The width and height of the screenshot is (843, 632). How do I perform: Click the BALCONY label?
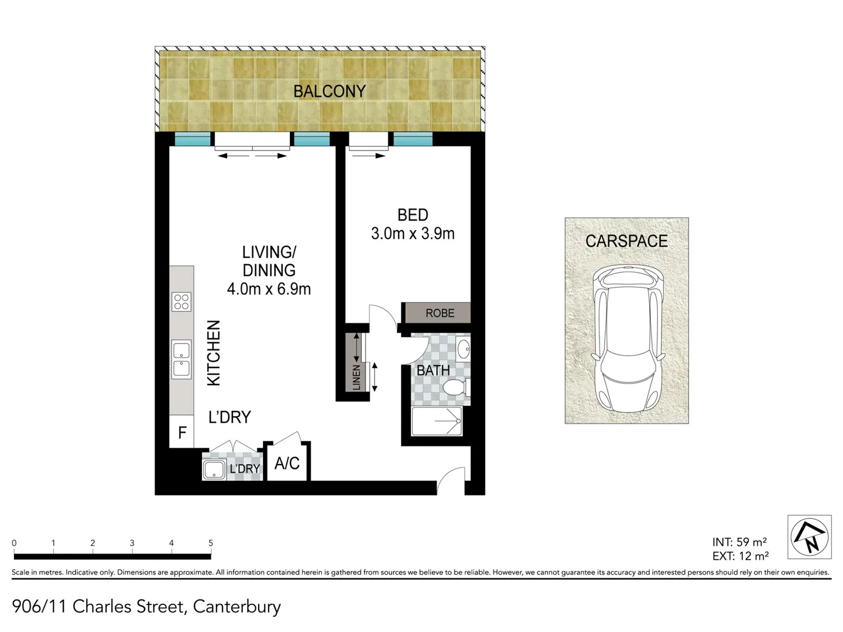click(x=329, y=91)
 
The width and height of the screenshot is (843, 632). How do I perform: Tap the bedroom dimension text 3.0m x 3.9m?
click(x=413, y=233)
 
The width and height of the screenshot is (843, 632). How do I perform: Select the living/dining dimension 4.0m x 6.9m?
click(x=269, y=289)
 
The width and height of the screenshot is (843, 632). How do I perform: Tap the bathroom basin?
click(x=463, y=349)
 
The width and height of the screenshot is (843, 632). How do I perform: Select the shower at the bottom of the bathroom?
click(x=437, y=421)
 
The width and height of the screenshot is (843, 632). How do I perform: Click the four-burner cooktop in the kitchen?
click(x=181, y=302)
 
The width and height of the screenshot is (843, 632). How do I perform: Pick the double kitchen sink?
click(x=181, y=360)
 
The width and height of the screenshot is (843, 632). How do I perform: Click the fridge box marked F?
click(x=182, y=433)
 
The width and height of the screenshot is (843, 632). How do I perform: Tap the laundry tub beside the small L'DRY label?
click(x=214, y=469)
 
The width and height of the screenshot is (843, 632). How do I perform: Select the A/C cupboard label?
click(x=287, y=463)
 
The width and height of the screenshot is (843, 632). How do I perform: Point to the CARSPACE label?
click(x=626, y=241)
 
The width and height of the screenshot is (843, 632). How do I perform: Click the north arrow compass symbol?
click(x=809, y=537)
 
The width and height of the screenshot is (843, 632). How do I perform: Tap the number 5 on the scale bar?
click(x=211, y=543)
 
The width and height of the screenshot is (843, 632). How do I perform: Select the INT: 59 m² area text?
click(x=739, y=542)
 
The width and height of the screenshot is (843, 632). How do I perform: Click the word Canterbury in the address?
click(x=237, y=606)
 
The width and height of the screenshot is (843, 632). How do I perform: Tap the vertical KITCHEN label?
click(x=214, y=353)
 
